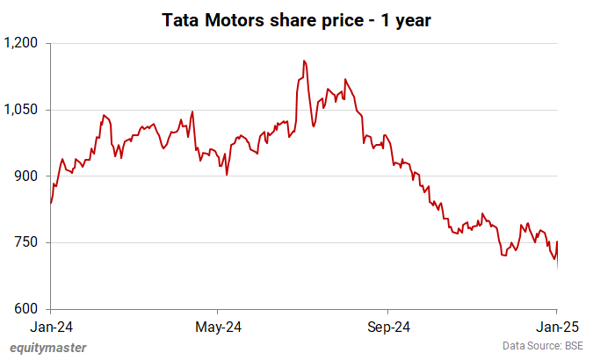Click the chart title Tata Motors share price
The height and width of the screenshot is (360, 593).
pyautogui.click(x=296, y=18)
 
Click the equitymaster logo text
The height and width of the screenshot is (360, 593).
pyautogui.click(x=47, y=348)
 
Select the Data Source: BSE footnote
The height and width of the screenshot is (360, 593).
pyautogui.click(x=542, y=346)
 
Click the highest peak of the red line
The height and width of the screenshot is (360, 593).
pyautogui.click(x=304, y=61)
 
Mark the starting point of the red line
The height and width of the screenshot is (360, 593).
pyautogui.click(x=51, y=204)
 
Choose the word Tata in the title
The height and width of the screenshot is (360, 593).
pyautogui.click(x=181, y=18)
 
